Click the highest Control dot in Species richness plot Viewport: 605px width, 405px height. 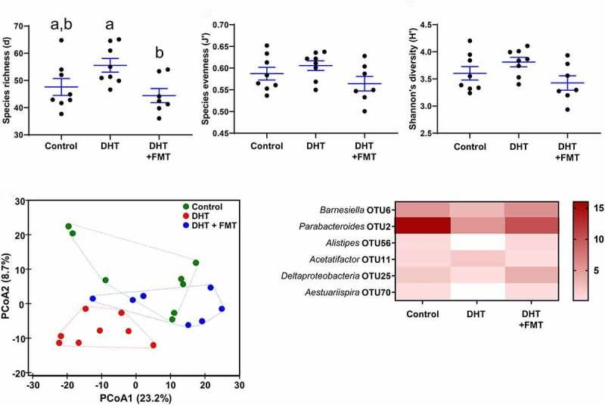pos(61,40)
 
